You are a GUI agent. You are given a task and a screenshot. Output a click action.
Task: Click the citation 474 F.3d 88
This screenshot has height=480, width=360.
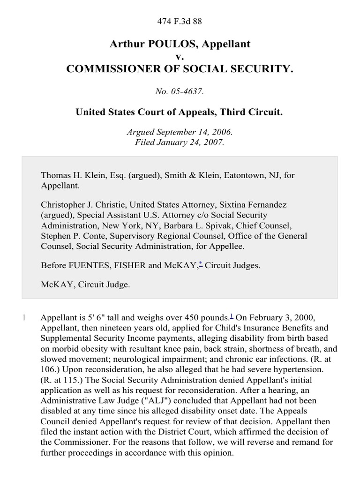[180, 21]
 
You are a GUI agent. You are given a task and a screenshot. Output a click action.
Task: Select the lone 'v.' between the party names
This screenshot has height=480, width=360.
[180, 57]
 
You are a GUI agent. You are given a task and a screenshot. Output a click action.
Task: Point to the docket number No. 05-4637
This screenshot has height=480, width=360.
[180, 91]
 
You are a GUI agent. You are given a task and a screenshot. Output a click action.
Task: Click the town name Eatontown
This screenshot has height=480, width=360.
[225, 175]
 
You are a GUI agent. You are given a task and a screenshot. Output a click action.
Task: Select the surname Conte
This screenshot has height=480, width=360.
[82, 236]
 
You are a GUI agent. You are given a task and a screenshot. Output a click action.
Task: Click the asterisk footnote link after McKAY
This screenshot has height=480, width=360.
[200, 264]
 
